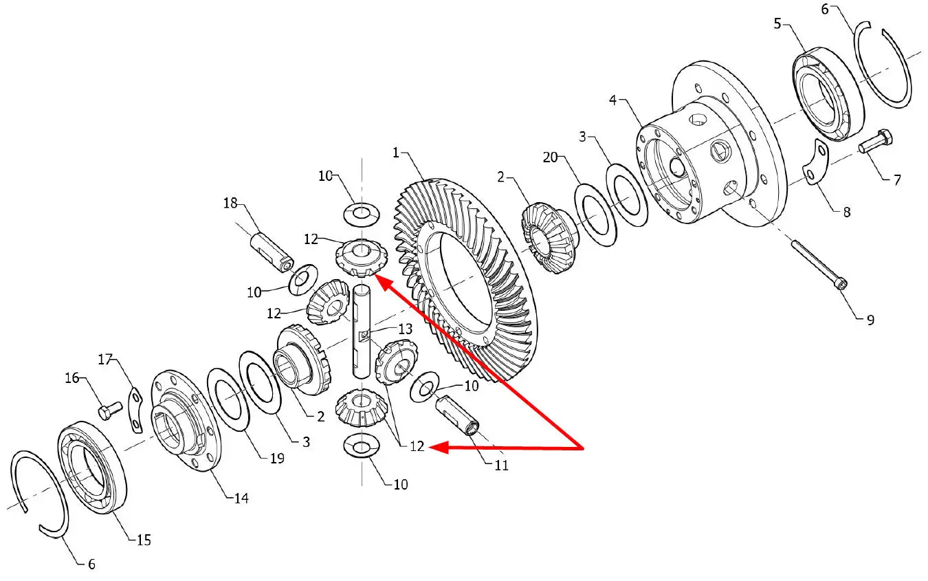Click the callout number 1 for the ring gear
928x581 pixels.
[396, 153]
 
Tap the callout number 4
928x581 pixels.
[612, 100]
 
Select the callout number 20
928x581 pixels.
[550, 157]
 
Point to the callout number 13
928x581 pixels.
[405, 329]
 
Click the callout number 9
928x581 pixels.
[870, 320]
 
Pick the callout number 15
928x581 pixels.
[144, 540]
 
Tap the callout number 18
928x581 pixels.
[230, 203]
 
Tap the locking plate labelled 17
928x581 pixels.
[135, 409]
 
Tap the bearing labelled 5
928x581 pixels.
[828, 94]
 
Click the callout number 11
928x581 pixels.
[501, 465]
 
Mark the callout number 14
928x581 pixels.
[241, 498]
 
